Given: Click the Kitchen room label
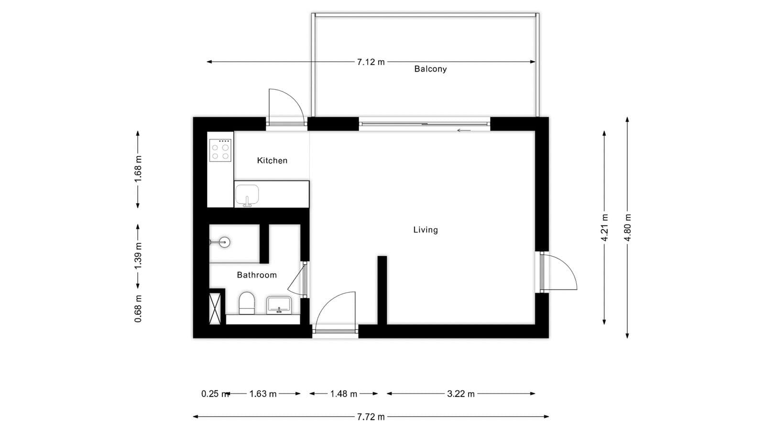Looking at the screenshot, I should click(272, 161).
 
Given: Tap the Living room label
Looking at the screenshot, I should click(426, 230).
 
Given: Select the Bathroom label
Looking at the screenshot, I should click(257, 275).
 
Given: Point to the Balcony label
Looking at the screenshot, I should click(430, 69).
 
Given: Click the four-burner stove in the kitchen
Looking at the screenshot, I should click(220, 150).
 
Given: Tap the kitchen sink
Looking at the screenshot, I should click(247, 195).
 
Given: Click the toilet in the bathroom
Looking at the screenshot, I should click(247, 303).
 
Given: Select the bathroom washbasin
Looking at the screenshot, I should click(279, 304).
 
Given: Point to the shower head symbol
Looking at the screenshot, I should click(224, 242).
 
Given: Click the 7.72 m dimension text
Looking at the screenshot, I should click(371, 417).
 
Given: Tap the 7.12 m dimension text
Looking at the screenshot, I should click(371, 62).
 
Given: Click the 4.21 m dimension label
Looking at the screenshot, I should click(605, 227).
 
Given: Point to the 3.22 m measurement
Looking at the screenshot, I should click(461, 394).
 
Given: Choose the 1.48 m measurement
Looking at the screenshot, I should click(344, 394).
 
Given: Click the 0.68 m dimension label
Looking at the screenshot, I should click(138, 308).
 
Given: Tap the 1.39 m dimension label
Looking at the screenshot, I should click(138, 255).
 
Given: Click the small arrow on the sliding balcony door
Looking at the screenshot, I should click(464, 130).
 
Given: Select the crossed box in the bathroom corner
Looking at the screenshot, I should click(215, 309).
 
